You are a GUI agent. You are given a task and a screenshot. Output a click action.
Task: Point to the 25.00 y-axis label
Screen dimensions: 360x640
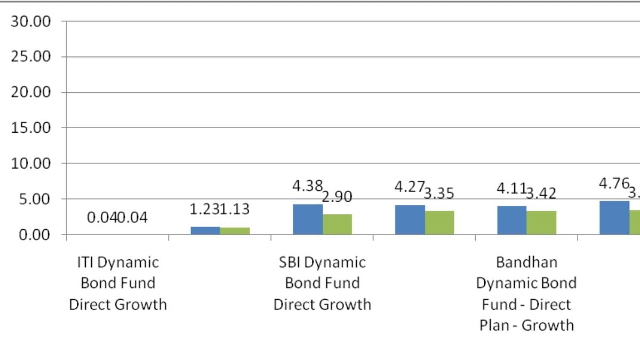click(x=31, y=57)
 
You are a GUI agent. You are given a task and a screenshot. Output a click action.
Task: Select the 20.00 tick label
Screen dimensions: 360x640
click(x=31, y=92)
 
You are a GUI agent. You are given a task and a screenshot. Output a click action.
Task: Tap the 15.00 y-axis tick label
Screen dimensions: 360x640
click(x=31, y=128)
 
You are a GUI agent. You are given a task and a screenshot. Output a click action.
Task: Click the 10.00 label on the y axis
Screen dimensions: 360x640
click(x=31, y=164)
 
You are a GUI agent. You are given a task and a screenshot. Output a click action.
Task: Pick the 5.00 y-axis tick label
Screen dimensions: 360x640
click(x=35, y=199)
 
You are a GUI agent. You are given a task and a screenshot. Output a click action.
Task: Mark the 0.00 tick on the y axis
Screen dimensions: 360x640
click(x=35, y=235)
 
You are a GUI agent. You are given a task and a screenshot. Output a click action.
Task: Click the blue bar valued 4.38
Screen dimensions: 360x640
click(x=308, y=219)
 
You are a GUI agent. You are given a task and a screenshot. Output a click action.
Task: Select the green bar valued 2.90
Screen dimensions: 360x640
click(x=337, y=225)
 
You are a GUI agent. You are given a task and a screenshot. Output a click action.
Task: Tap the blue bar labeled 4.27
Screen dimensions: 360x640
click(x=410, y=220)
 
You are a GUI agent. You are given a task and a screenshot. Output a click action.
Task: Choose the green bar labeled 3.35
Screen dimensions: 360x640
click(x=439, y=223)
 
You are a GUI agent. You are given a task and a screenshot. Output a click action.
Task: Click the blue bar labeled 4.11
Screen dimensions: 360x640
click(x=511, y=220)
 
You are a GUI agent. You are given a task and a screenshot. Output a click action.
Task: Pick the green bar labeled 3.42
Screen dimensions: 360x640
click(x=541, y=223)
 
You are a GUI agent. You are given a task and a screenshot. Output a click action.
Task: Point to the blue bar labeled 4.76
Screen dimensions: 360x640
click(x=614, y=218)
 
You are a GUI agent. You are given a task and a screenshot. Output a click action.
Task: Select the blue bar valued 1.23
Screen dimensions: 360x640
click(x=205, y=230)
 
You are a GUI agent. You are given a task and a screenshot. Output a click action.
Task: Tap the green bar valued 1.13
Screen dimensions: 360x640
click(x=235, y=231)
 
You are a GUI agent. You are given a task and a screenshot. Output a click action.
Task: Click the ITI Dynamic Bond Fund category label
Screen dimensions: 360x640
click(x=118, y=283)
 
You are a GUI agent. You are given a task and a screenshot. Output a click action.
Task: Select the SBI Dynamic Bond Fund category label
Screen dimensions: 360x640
click(x=322, y=283)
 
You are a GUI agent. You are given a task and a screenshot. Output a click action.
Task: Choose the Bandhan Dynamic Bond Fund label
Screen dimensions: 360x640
click(x=526, y=293)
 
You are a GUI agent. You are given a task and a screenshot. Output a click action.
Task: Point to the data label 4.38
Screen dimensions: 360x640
click(x=307, y=186)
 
